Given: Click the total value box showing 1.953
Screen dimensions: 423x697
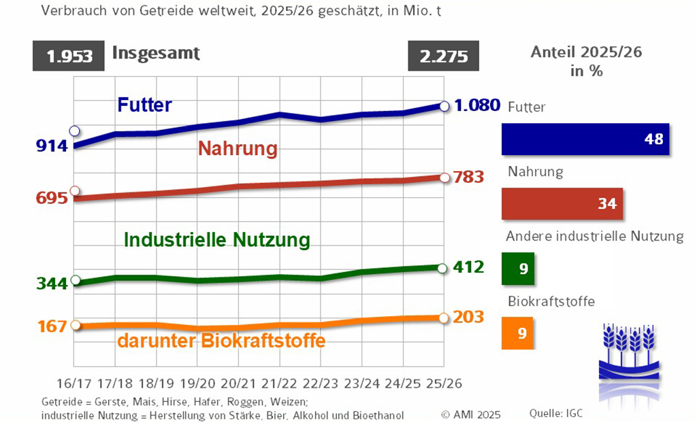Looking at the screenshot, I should tap(69, 56).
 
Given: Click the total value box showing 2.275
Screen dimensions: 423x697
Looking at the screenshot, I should tap(444, 56).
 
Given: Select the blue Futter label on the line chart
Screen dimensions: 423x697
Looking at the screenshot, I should tap(144, 105).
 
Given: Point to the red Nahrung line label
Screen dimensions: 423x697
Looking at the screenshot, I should tap(238, 148).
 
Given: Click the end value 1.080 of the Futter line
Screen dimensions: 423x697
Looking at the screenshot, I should tap(477, 105).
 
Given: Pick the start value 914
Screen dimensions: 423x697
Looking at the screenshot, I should tap(51, 146).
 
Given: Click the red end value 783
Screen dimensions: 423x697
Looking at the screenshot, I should tap(469, 177).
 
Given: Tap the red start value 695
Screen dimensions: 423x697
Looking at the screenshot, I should tap(51, 199).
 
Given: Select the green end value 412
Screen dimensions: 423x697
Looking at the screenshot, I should tap(469, 267).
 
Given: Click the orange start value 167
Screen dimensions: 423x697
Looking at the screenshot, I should tap(51, 326).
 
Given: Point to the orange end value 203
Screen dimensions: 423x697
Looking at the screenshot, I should tap(469, 317).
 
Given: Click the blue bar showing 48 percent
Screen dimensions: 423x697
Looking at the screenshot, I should tap(585, 139).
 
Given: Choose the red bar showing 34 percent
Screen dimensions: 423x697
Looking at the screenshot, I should tap(562, 203).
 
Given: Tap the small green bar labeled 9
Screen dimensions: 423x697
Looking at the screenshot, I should tap(519, 268).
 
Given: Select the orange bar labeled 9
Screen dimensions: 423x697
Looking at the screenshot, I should tap(519, 333).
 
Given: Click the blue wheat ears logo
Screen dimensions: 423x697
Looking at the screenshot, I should tap(630, 351).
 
